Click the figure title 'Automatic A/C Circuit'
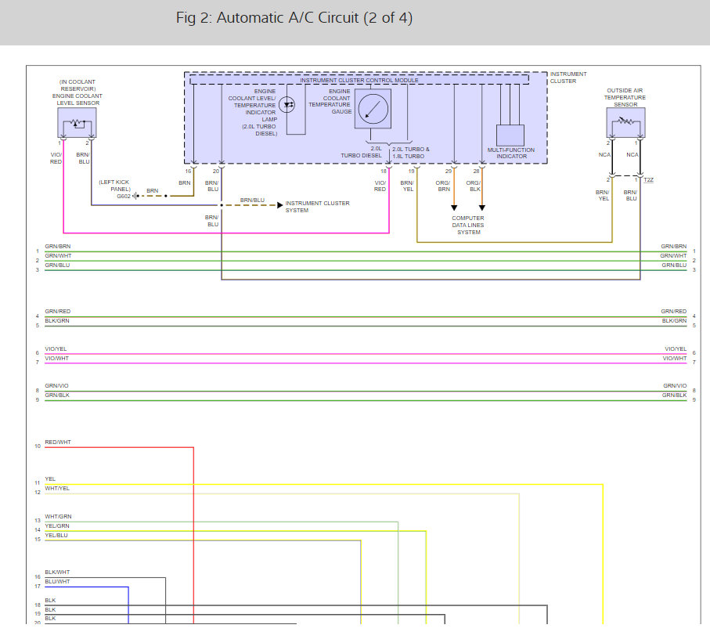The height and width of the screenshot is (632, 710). click(294, 18)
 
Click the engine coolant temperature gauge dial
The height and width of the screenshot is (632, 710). click(372, 108)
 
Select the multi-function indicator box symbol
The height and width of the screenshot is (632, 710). click(510, 135)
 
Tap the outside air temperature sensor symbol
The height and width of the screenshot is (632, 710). click(625, 123)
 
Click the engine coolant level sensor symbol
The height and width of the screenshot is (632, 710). click(77, 123)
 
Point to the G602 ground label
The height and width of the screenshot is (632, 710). click(124, 197)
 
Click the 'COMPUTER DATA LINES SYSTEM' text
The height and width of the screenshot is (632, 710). click(468, 226)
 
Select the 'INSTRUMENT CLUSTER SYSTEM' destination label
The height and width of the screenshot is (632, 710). click(317, 207)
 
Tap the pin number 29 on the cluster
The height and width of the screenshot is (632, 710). click(449, 171)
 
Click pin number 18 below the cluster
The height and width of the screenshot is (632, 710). click(384, 171)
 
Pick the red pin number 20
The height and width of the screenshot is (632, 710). click(216, 171)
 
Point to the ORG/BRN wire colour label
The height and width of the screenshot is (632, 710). click(444, 186)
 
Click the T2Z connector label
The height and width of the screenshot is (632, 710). click(649, 180)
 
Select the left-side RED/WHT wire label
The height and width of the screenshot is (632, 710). click(58, 442)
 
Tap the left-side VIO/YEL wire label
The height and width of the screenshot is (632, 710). click(56, 349)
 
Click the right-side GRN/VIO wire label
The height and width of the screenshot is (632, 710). click(674, 386)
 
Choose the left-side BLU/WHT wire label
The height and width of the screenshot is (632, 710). click(57, 582)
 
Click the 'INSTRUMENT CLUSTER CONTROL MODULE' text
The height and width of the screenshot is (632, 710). click(359, 81)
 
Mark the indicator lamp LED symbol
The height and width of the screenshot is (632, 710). click(287, 103)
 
